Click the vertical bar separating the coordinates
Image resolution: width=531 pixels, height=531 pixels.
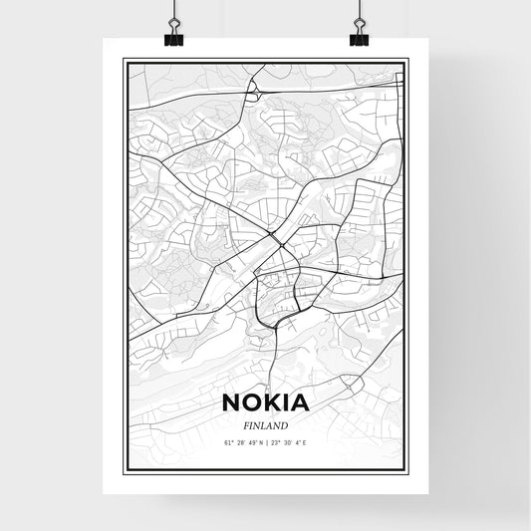point(266,442)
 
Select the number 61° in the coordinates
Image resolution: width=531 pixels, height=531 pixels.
point(226,442)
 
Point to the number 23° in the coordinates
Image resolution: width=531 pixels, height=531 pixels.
point(274,442)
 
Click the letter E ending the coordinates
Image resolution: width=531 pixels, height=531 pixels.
point(305,442)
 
